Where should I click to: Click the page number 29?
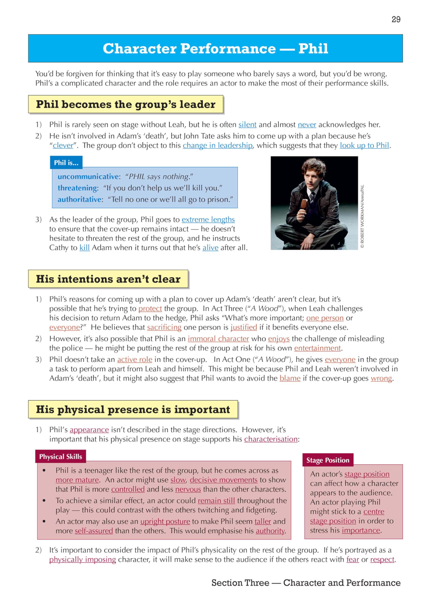[396, 19]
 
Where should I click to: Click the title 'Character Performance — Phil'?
[215, 48]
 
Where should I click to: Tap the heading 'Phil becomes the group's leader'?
[126, 104]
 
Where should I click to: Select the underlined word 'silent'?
[247, 125]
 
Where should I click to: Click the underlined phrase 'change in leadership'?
[217, 145]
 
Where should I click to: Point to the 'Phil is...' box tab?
[66, 163]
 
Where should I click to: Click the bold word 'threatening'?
[77, 188]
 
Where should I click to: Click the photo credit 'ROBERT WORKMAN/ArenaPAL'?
[362, 216]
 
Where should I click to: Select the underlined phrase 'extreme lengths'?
[208, 220]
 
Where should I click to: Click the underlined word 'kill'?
[84, 247]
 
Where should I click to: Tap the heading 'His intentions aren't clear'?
[108, 279]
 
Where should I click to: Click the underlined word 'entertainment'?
[317, 348]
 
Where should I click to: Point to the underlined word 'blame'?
[290, 378]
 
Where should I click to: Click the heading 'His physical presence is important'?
[133, 409]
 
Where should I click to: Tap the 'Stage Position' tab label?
[328, 460]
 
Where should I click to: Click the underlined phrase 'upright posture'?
[165, 521]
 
